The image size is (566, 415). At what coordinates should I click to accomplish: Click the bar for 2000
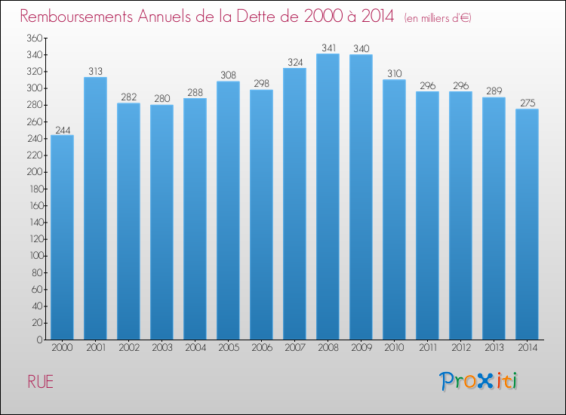(x=62, y=238)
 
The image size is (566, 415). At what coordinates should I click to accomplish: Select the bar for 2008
(x=328, y=197)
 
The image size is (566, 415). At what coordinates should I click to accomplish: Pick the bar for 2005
(x=228, y=211)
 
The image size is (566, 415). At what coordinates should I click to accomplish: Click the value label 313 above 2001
(x=95, y=71)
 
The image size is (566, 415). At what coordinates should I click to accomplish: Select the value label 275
(x=527, y=103)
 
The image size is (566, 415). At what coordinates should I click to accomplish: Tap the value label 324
(x=294, y=62)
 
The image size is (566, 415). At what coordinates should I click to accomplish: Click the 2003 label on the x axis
(x=161, y=349)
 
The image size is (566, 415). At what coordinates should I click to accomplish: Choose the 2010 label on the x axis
(x=394, y=349)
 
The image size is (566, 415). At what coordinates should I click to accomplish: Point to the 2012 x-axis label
(x=460, y=349)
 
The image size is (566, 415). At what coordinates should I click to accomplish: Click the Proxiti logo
(x=478, y=381)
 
